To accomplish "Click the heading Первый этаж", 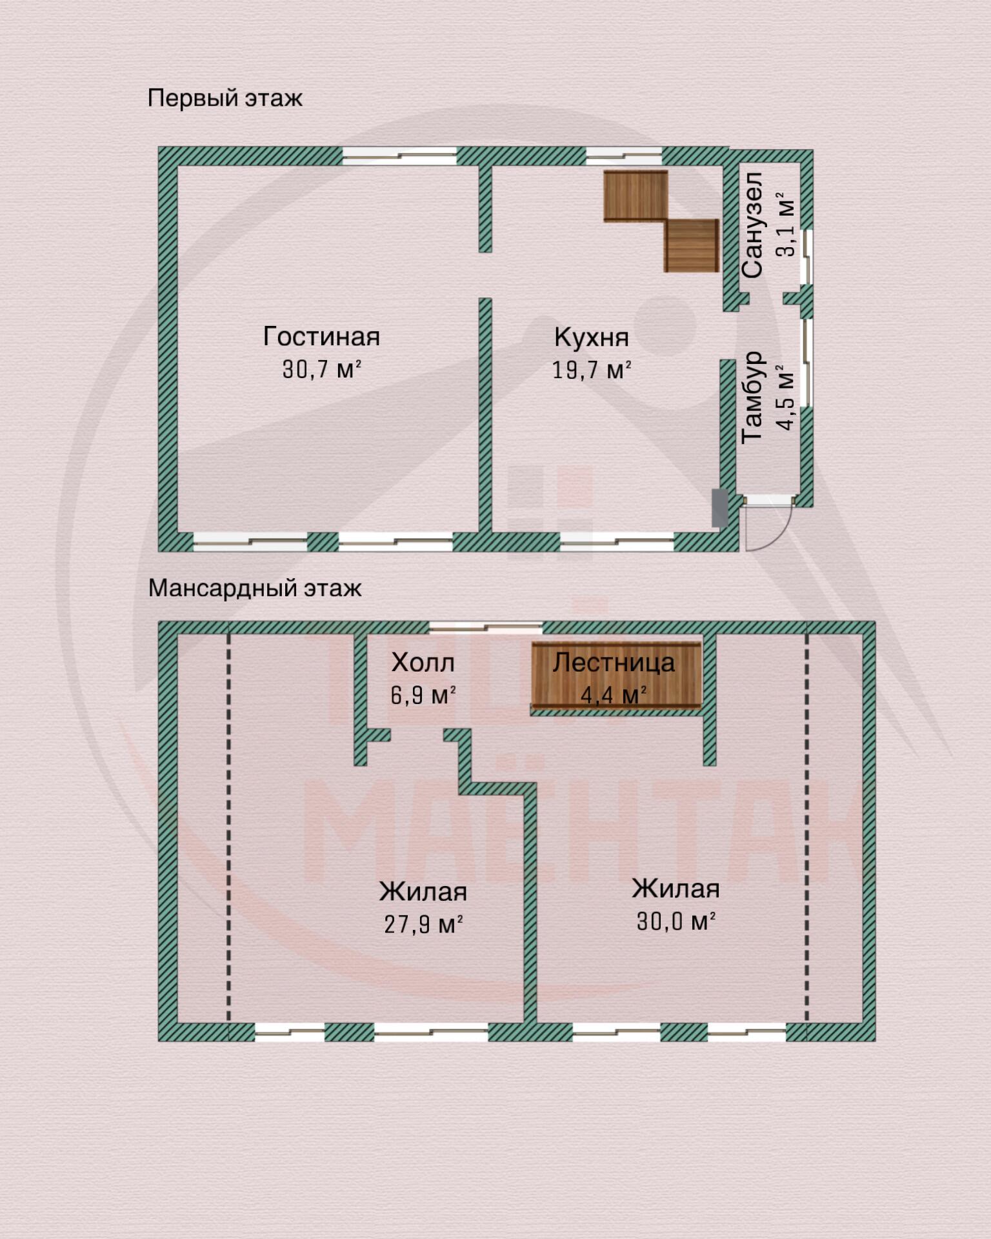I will [225, 98].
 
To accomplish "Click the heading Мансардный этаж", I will [254, 588].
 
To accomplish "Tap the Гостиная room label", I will [321, 336].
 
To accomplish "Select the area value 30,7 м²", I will [321, 369].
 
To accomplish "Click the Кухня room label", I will [591, 337].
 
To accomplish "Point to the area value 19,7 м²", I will [591, 370].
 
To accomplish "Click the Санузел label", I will [752, 225].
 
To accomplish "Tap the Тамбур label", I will [752, 397].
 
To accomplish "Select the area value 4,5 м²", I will [786, 397].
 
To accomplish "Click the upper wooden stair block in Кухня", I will [636, 196].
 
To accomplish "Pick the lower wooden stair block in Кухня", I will [692, 246].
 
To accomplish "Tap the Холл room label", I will [423, 662].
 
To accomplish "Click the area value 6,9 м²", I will [423, 695].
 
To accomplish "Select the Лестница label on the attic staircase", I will [614, 662].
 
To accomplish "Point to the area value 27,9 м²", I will [423, 924].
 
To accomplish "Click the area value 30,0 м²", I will [676, 921].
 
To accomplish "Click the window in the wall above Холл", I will [485, 627].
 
